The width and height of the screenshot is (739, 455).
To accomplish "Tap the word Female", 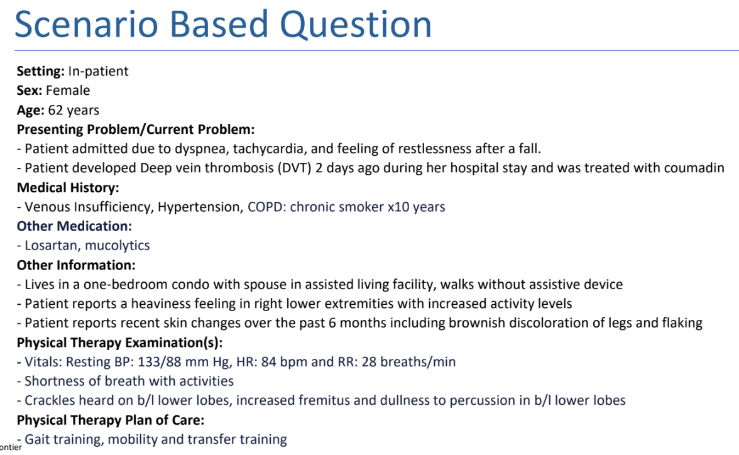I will pyautogui.click(x=68, y=90).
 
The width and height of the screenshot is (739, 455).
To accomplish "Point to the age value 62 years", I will pyautogui.click(x=74, y=110).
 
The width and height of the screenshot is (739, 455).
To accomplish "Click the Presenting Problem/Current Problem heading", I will pyautogui.click(x=135, y=129).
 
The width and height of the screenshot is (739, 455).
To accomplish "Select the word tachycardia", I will pyautogui.click(x=272, y=149).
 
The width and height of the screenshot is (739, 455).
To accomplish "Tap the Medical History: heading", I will pyautogui.click(x=68, y=187).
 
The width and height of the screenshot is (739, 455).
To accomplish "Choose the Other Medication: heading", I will pyautogui.click(x=74, y=226).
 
